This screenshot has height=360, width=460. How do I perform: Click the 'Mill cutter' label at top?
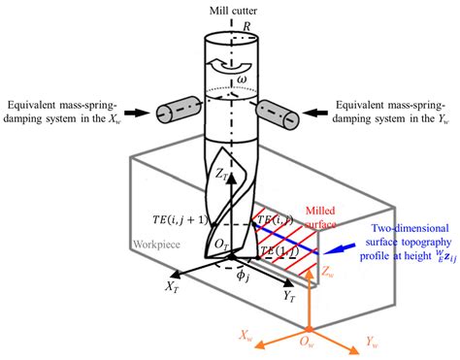pos(231,10)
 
